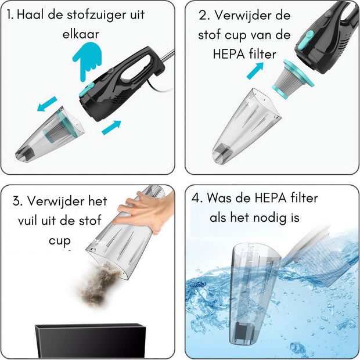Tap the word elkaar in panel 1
(81, 34)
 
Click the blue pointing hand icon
(87, 61)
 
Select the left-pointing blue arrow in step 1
(47, 104)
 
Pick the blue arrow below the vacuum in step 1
(111, 127)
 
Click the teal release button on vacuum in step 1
(87, 90)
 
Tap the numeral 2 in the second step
(203, 16)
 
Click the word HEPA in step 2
(225, 55)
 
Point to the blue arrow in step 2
(255, 71)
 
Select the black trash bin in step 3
(90, 341)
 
